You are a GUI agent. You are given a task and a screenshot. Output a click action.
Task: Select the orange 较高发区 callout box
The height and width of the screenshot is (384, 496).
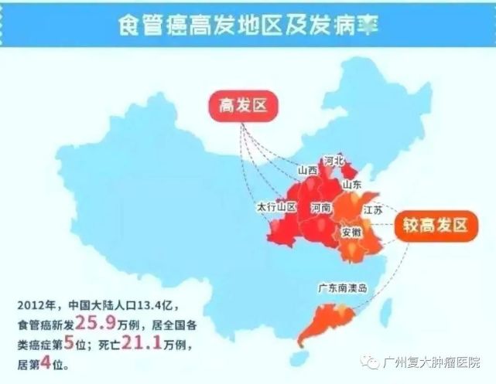[x=435, y=226]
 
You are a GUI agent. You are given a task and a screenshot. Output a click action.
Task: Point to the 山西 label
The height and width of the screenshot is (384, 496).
[x=307, y=170]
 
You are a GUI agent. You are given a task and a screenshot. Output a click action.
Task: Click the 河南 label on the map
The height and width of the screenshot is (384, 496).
[x=321, y=208]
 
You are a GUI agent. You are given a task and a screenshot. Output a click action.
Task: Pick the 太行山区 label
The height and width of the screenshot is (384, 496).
[x=276, y=208]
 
